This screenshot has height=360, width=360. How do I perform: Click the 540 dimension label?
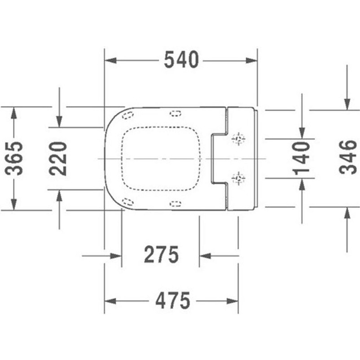click(181, 60)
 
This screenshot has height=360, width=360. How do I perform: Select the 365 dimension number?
click(14, 158)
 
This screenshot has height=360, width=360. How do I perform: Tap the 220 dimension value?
click(58, 158)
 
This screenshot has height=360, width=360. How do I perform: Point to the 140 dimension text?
click(301, 158)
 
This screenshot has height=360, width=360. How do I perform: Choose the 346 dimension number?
click(348, 157)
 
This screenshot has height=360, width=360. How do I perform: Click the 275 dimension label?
click(161, 255)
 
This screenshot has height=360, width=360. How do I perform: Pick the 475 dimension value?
click(173, 301)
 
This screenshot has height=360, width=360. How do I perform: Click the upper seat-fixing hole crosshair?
click(238, 139)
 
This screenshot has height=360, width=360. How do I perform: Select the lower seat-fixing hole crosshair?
click(238, 178)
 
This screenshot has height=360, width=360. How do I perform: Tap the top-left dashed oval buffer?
click(127, 114)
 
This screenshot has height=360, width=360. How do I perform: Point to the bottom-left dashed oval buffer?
click(127, 202)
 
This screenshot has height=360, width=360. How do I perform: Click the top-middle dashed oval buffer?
click(176, 114)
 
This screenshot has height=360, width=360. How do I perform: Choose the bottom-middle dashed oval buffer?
click(176, 204)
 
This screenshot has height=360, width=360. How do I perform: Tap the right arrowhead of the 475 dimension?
click(233, 301)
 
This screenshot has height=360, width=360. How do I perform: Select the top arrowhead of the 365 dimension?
click(14, 113)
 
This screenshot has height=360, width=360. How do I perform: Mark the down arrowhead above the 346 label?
click(347, 105)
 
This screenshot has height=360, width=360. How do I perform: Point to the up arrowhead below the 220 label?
click(59, 196)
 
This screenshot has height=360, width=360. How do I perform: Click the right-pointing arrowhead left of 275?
click(116, 256)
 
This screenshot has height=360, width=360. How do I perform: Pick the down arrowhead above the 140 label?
click(302, 133)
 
